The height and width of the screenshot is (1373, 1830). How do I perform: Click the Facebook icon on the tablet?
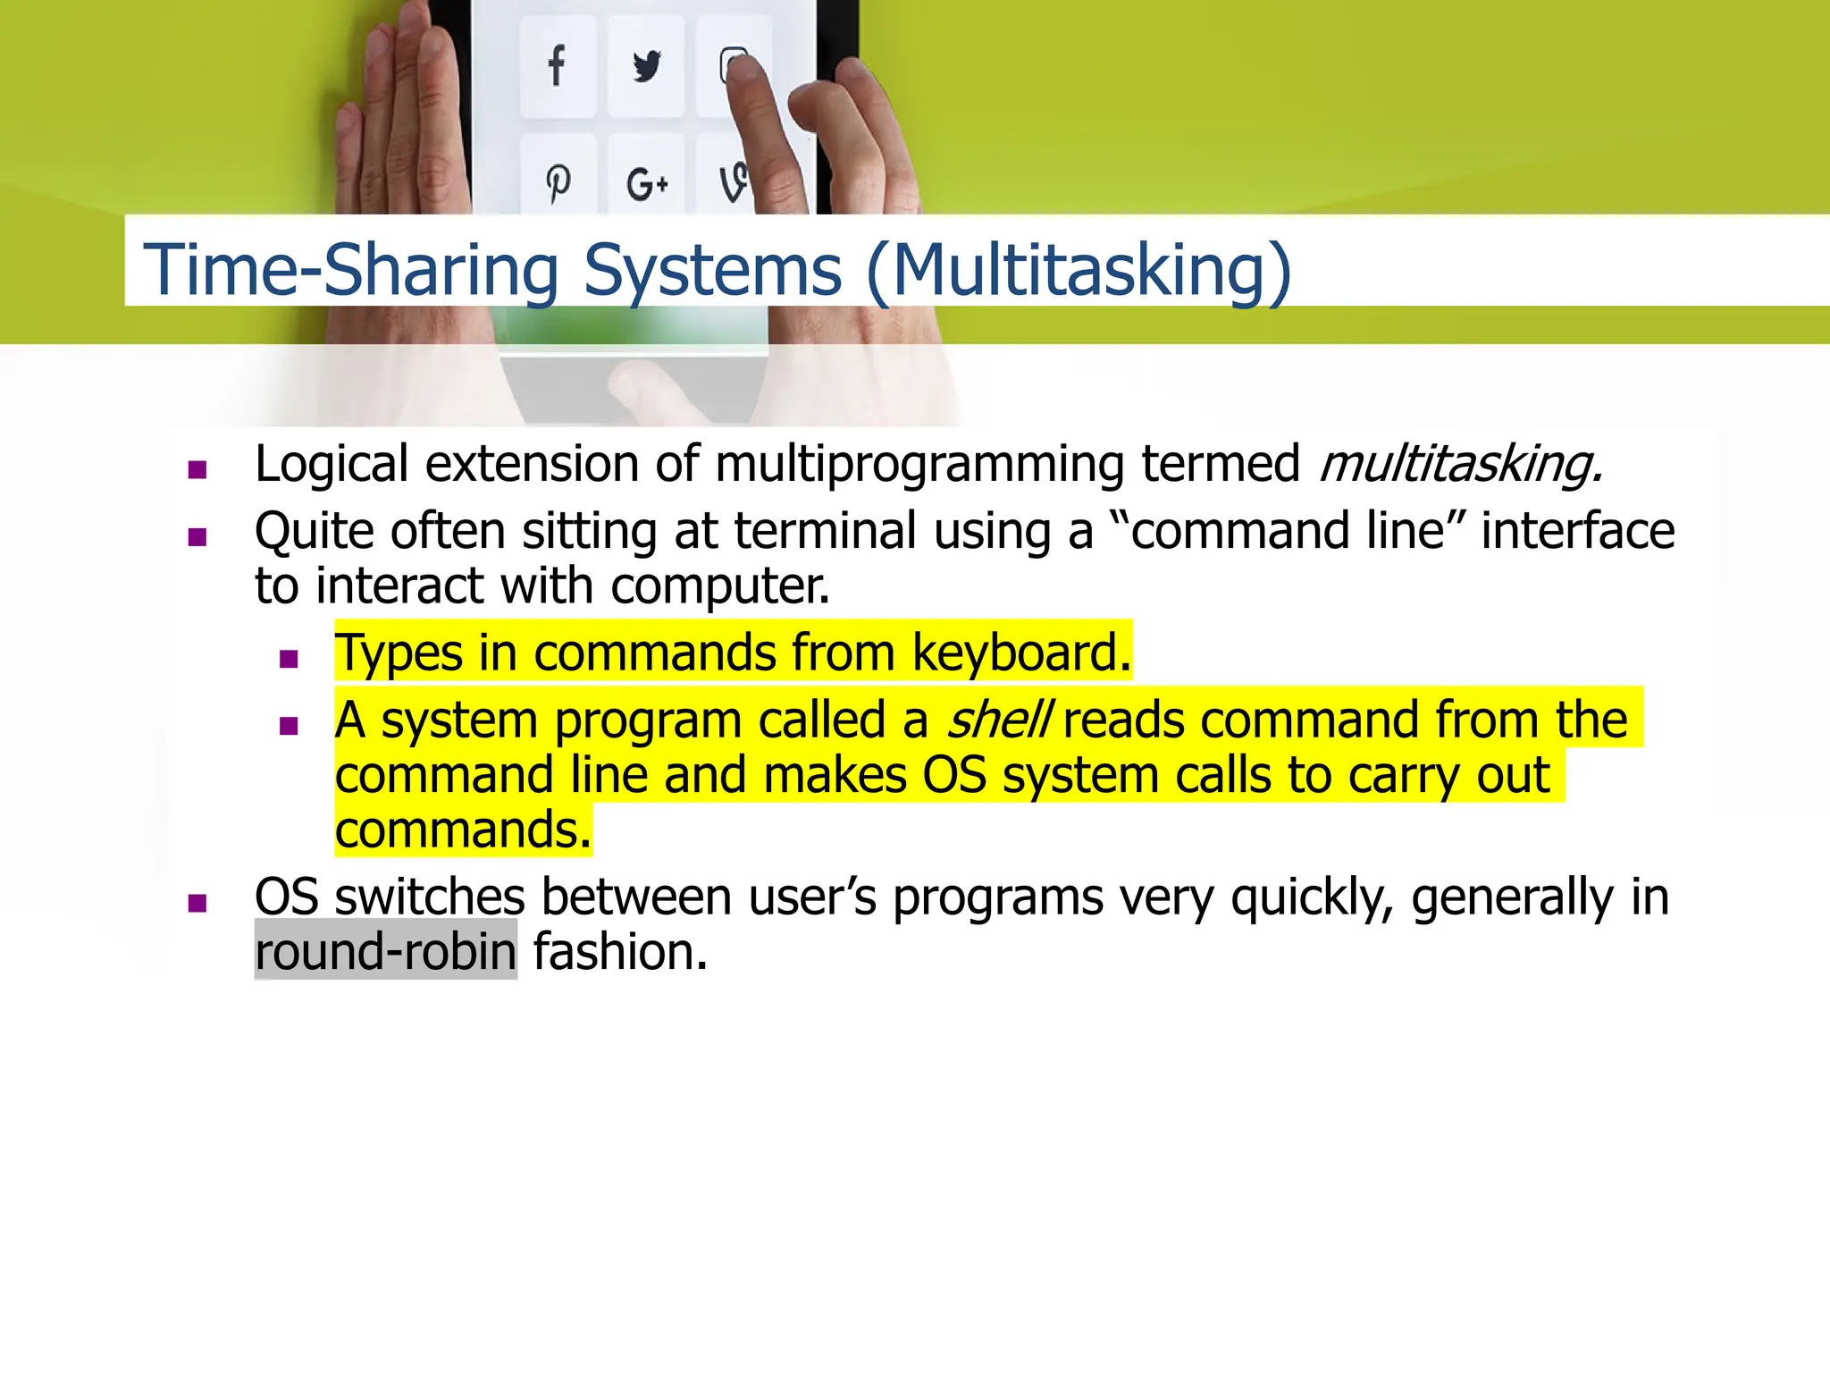click(557, 66)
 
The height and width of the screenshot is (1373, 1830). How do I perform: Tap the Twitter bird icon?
click(646, 66)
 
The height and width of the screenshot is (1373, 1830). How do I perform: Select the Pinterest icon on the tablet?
click(558, 183)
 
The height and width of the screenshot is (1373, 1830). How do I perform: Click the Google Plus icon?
click(647, 185)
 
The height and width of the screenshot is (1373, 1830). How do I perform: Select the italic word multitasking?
click(1460, 464)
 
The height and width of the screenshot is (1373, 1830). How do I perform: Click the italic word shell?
click(998, 720)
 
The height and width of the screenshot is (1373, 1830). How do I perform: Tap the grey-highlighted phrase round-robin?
click(386, 951)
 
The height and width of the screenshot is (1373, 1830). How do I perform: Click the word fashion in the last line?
click(620, 951)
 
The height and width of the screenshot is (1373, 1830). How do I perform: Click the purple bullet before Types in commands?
click(288, 660)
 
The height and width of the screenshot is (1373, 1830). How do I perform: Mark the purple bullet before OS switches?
click(197, 903)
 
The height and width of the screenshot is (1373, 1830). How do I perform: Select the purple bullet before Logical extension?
click(197, 470)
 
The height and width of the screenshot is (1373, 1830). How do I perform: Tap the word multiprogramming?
click(919, 465)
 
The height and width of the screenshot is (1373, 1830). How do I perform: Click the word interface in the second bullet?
click(1577, 531)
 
